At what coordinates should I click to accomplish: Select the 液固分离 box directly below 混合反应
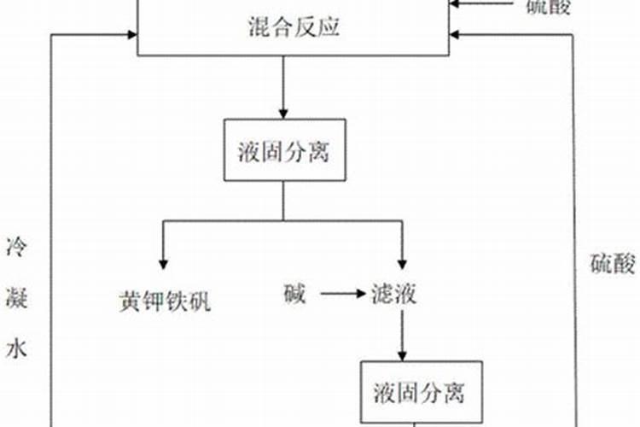(284, 150)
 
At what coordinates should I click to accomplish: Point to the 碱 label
(293, 295)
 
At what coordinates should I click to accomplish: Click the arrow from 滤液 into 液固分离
(402, 336)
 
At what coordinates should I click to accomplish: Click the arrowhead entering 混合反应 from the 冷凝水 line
(131, 34)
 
